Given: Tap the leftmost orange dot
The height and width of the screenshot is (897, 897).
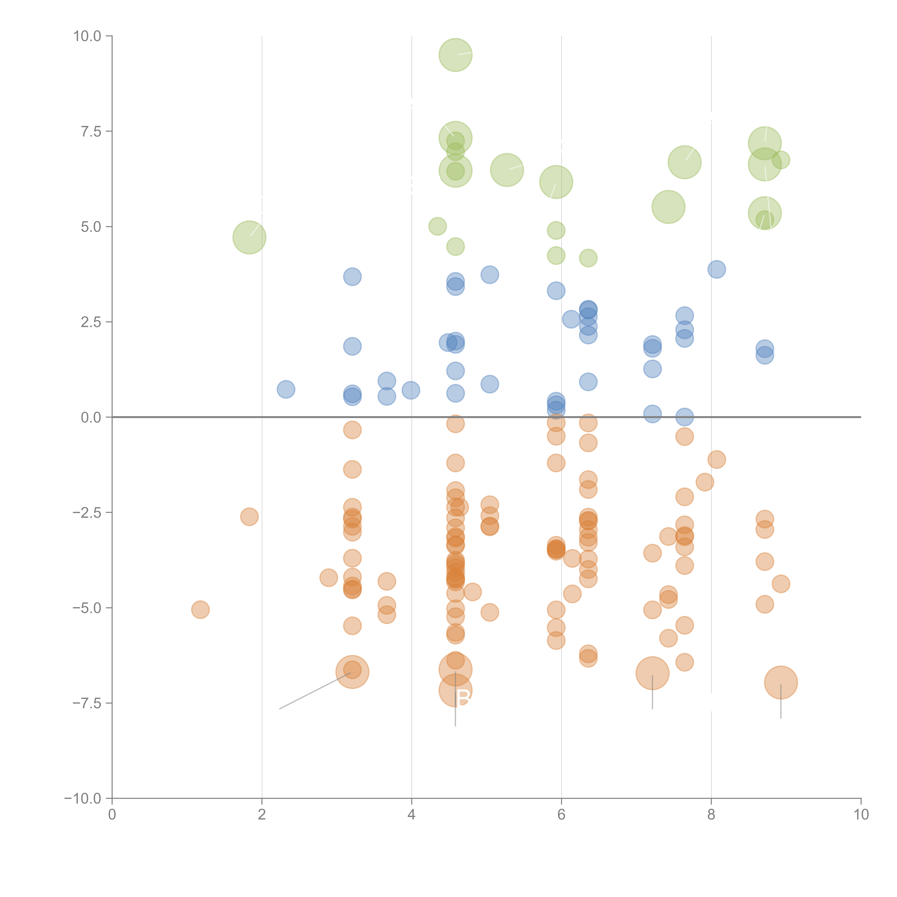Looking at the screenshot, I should point(200,610).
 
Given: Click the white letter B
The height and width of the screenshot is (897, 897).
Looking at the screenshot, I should point(463,698).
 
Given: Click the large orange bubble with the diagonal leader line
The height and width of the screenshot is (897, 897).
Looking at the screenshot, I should point(352,672).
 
